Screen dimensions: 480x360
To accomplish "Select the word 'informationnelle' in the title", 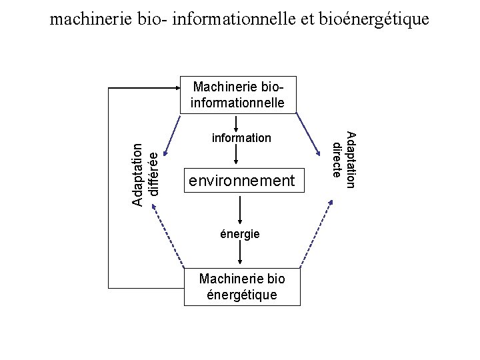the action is [219, 19].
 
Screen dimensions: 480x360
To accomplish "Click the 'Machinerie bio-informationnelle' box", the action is [238, 95].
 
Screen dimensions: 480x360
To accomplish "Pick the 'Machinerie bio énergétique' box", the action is [242, 288].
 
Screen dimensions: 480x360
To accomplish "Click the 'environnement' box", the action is [241, 180].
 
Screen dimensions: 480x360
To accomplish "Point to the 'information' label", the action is [241, 138].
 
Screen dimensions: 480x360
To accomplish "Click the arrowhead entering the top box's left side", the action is [175, 87].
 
